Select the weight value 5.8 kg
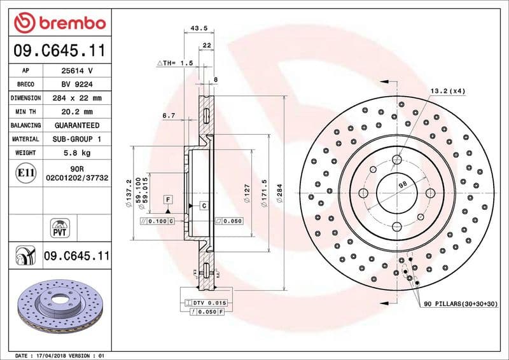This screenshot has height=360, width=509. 76,153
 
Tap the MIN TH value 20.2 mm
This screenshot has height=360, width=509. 76,112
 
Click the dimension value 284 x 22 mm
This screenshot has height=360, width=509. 76,98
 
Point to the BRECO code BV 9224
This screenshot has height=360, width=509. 76,85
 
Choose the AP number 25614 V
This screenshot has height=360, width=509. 76,71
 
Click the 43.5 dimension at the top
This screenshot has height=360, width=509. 199,29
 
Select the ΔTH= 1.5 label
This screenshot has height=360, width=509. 174,64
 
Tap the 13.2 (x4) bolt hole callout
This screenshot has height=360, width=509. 447,91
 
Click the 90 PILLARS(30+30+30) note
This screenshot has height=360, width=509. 461,305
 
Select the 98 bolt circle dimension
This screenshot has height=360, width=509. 402,184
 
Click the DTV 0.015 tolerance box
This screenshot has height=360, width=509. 209,303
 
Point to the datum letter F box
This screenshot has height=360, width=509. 168,200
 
